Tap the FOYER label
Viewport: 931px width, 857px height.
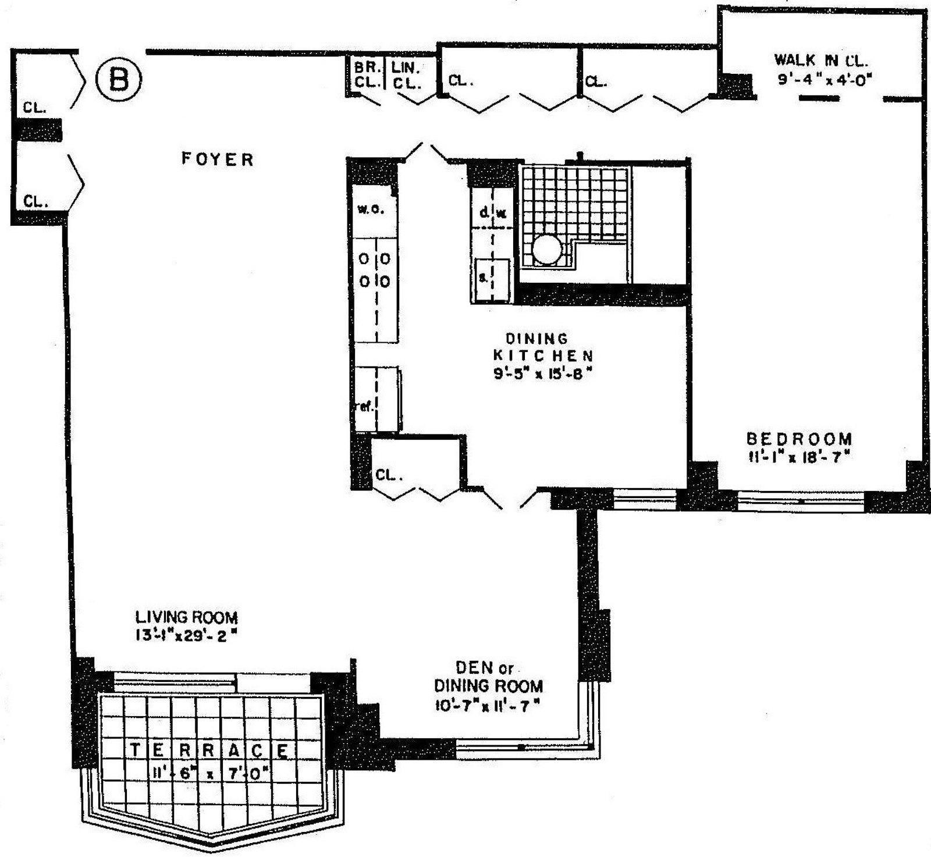pos(218,159)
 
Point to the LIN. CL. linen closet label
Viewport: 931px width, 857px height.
pos(406,75)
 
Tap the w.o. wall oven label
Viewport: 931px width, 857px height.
pos(370,209)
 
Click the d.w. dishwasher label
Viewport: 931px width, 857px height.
pos(492,213)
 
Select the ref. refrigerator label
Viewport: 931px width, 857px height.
pos(364,406)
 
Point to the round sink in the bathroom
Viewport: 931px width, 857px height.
pos(547,250)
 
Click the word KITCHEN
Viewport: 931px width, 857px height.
pos(543,355)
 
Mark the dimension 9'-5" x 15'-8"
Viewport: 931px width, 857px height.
pos(542,374)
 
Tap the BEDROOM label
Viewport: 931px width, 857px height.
pos(799,439)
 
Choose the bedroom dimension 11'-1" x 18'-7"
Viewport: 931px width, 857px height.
pos(799,457)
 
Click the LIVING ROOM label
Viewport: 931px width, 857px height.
pos(186,617)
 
